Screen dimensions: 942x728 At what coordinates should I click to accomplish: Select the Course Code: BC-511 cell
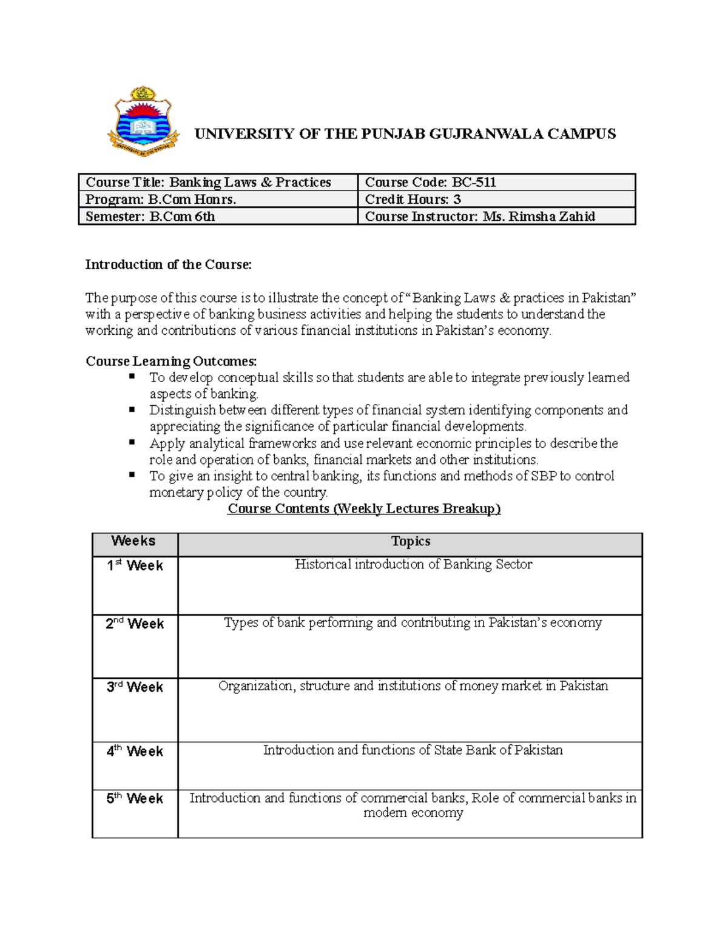coord(430,182)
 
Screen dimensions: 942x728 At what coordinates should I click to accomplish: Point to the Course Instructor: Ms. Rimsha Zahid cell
coord(479,217)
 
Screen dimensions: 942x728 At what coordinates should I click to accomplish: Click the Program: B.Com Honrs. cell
coord(161,199)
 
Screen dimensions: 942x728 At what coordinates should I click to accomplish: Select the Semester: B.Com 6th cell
coord(150,217)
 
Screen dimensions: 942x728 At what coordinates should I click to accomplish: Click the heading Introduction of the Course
coord(168,264)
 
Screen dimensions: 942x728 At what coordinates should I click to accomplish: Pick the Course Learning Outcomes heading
coord(171,362)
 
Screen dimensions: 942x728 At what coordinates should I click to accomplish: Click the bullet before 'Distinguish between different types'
coord(132,409)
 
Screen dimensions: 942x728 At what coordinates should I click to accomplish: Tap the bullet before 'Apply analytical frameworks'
coord(132,443)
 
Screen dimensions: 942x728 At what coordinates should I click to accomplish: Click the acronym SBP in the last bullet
coord(544,476)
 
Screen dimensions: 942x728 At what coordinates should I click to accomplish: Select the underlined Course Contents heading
coord(364,509)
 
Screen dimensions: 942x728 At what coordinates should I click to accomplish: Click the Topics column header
coord(410,541)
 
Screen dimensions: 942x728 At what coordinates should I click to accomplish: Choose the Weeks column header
coord(133,541)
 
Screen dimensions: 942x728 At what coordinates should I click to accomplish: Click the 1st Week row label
coord(135,565)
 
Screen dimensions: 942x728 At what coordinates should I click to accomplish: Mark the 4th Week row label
coord(135,752)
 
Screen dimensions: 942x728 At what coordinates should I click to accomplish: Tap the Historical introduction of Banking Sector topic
coord(413,565)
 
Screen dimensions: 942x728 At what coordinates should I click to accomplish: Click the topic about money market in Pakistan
coord(413,686)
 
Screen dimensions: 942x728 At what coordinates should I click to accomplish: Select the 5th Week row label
coord(135,799)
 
